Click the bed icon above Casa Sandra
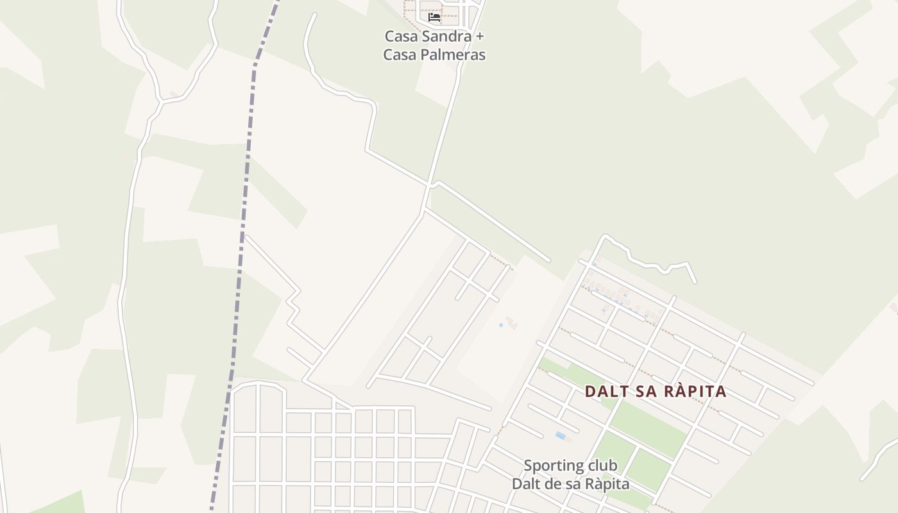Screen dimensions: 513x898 (x=434, y=17)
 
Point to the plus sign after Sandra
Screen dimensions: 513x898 (x=479, y=37)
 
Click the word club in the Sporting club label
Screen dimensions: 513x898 (x=602, y=466)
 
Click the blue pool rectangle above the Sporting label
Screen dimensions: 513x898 (x=561, y=436)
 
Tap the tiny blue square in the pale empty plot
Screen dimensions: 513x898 (x=501, y=325)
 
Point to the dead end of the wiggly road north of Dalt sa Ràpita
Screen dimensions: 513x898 (x=695, y=282)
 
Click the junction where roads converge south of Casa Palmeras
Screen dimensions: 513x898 (x=428, y=186)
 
